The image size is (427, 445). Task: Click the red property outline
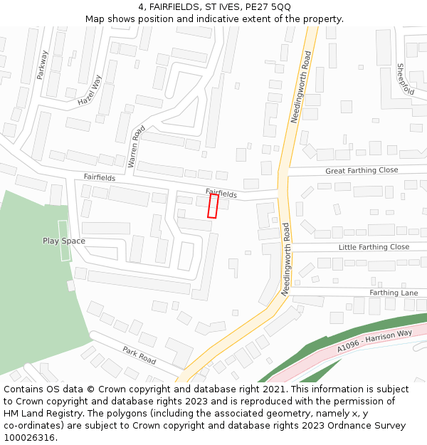(x=213, y=206)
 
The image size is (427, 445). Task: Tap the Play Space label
(x=63, y=241)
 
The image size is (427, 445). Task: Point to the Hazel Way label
(x=90, y=91)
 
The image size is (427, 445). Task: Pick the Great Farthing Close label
(x=362, y=171)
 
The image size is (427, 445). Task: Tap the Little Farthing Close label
(x=374, y=247)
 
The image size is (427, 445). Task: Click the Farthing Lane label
(x=394, y=293)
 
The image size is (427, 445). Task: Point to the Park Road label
(x=139, y=355)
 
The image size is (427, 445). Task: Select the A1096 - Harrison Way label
(x=374, y=340)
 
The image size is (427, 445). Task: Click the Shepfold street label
(x=406, y=79)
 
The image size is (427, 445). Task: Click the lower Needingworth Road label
(x=285, y=259)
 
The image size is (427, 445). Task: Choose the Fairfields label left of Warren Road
(x=99, y=177)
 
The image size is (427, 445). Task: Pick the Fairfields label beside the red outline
(x=221, y=192)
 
